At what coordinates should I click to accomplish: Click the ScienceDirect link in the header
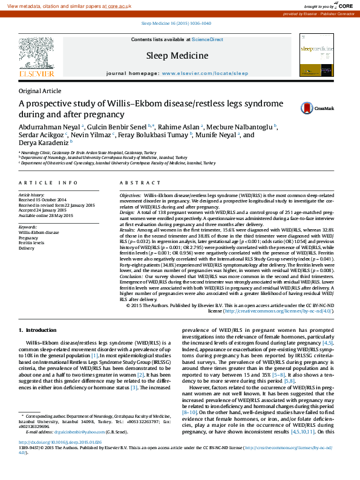click(207, 40)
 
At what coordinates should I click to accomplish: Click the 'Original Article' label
click(39, 91)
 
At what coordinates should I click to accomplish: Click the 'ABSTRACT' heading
click(136, 183)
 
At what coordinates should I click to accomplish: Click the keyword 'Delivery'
click(27, 248)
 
